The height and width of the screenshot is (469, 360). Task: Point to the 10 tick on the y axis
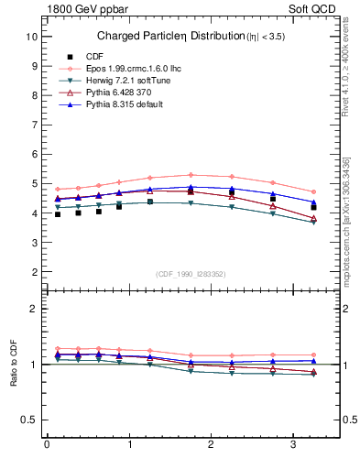point(32,37)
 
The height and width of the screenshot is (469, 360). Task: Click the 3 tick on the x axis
point(293,444)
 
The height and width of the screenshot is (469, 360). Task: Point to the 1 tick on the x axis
point(128,444)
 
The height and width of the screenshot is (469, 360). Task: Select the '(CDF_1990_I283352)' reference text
point(190,275)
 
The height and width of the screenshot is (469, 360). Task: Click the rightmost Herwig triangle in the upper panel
point(313,222)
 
